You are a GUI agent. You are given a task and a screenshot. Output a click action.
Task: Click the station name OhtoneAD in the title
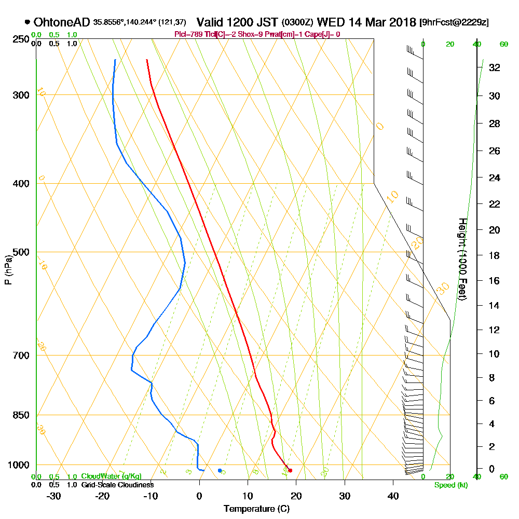pos(62,22)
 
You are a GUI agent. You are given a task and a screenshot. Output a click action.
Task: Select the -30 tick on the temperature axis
pos(54,496)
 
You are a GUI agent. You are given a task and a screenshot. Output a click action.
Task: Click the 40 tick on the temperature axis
pos(393,496)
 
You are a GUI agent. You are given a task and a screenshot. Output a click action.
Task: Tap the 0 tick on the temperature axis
pos(199,496)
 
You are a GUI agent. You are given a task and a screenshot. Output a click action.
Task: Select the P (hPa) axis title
pos(8,269)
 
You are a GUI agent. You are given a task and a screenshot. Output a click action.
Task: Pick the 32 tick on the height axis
pos(494,67)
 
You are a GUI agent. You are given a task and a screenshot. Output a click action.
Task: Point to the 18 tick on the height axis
pos(494,255)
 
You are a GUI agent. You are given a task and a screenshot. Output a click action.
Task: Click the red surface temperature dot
pos(290,470)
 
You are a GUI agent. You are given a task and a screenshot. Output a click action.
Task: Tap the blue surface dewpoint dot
pos(220,470)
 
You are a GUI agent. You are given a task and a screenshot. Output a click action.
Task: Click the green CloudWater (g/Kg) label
pos(111,476)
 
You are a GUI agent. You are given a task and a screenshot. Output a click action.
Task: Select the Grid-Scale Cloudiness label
pos(117,485)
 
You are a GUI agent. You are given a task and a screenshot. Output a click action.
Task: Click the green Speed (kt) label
pos(449,485)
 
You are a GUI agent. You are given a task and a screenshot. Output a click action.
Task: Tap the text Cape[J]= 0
pos(323,34)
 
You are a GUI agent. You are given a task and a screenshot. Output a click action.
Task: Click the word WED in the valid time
pos(329,22)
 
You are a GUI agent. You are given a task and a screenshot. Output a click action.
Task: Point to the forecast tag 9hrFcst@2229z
pos(454,22)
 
